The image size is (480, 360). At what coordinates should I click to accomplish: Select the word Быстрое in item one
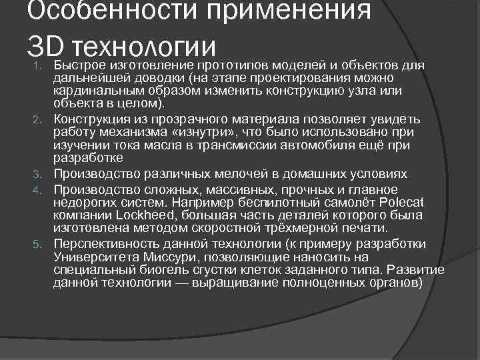pyautogui.click(x=79, y=67)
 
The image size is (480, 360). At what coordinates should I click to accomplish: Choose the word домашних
pyautogui.click(x=299, y=174)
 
